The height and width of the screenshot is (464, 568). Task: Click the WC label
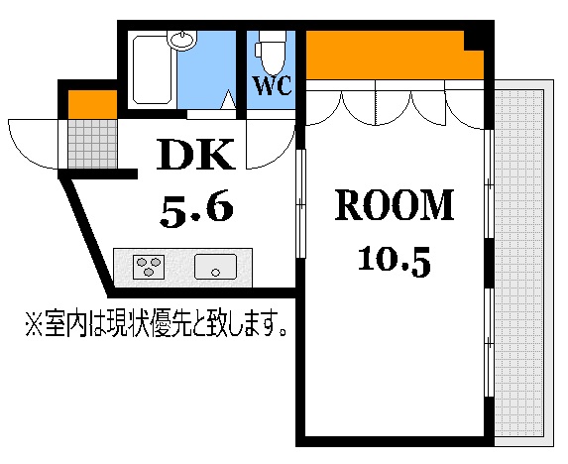[x=273, y=85]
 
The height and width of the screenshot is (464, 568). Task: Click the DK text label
[x=196, y=156]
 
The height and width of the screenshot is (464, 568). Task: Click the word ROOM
[x=394, y=206]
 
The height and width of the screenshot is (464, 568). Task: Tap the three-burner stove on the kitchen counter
[x=150, y=266]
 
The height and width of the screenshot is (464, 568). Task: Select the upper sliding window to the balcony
[x=488, y=183]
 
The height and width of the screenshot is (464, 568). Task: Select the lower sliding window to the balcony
[x=488, y=342]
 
